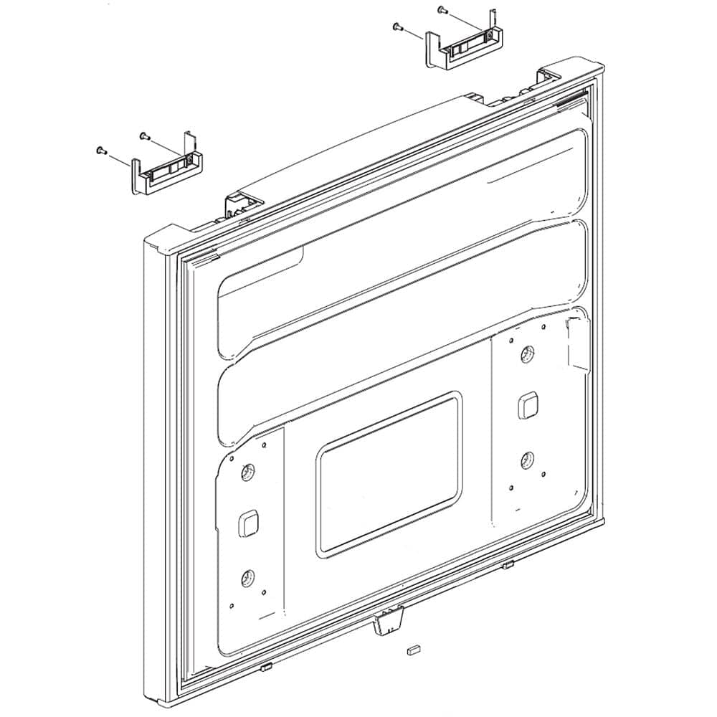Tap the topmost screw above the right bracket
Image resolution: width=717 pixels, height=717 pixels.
point(441,10)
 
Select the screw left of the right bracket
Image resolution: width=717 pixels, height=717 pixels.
point(397,27)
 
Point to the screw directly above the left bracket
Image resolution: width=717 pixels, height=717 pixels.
point(143,134)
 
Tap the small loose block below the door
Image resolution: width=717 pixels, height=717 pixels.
point(411,651)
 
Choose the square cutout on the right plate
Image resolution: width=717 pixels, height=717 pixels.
point(528,406)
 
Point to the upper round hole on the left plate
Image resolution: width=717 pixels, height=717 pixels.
point(247,473)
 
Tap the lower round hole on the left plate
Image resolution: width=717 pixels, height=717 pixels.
point(248,576)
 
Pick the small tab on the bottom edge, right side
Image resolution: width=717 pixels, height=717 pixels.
point(508,566)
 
